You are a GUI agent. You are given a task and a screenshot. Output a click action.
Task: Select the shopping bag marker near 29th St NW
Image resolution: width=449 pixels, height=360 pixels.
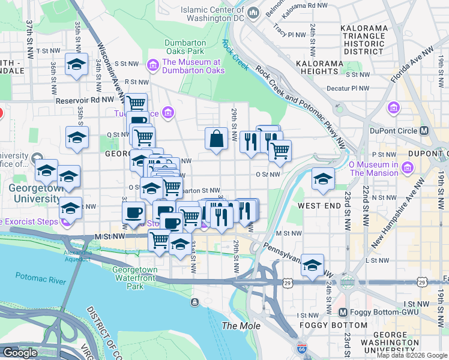click(216, 139)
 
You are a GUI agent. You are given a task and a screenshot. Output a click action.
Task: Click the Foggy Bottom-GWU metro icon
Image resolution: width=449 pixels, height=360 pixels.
click(343, 312)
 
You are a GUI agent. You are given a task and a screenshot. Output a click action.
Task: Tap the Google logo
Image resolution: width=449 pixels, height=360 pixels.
click(20, 353)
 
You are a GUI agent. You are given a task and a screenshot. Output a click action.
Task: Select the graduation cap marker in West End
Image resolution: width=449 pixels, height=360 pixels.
click(323, 179)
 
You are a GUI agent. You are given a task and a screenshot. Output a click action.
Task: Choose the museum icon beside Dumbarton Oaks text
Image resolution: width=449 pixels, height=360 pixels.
click(152, 65)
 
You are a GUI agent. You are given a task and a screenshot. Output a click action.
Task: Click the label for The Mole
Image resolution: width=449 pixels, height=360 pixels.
click(241, 326)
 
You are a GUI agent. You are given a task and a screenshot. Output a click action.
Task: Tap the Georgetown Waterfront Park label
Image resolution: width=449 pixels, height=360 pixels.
click(135, 278)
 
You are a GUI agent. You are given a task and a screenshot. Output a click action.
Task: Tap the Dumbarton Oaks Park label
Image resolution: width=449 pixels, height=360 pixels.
click(185, 47)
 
